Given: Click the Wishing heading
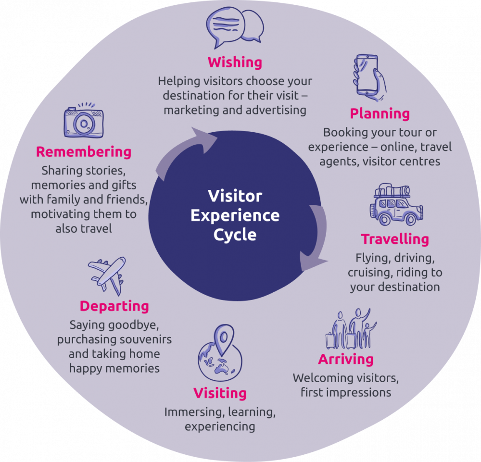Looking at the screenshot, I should point(235,62).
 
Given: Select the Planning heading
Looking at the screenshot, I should point(380,114).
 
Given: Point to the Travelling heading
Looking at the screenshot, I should point(395,239).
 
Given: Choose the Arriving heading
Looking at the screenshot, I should point(345,359).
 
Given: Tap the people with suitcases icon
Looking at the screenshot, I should point(350,329).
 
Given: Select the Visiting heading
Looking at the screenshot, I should point(220,393).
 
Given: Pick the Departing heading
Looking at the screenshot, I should point(114,306).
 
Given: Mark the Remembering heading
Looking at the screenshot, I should point(84,152).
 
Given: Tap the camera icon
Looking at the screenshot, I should point(83,122).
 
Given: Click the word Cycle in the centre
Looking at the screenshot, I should point(235,235).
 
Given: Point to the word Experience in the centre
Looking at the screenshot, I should point(235,215).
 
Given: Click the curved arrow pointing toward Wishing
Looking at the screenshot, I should point(185,149).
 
